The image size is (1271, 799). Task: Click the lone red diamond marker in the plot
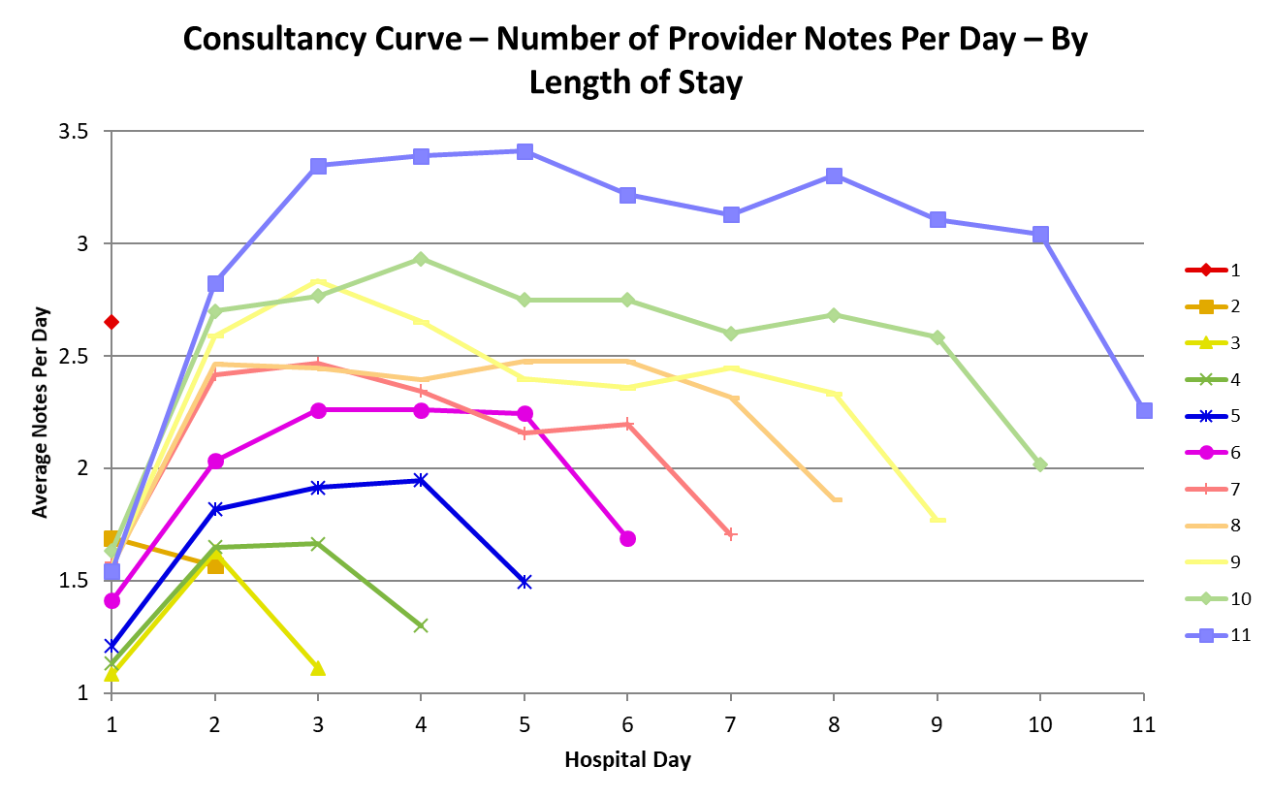coord(111,321)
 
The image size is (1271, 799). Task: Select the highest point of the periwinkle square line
coord(524,151)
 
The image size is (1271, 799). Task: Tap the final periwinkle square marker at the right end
coord(1144,410)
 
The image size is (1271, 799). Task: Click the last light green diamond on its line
coord(1040,464)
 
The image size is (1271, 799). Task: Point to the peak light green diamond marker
coord(421,259)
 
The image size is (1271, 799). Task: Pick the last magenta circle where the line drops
coord(627,538)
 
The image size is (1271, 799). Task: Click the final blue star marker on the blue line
coord(524,582)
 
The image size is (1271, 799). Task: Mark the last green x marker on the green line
coord(421,625)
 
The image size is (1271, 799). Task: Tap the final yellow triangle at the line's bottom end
coord(318,668)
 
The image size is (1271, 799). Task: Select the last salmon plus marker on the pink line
coord(731,533)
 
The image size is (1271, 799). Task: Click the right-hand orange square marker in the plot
coord(215,564)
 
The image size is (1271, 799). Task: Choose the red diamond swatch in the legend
coord(1206,270)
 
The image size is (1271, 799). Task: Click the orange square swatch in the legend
coord(1206,306)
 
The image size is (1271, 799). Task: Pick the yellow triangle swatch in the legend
coord(1206,342)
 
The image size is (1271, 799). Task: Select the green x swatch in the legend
coord(1206,379)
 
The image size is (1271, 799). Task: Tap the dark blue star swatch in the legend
coord(1206,416)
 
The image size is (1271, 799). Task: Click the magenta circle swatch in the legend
coord(1206,452)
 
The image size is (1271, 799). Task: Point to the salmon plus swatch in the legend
coord(1206,489)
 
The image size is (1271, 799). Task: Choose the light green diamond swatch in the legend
coord(1206,598)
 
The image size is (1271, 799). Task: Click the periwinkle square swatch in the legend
coord(1206,635)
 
